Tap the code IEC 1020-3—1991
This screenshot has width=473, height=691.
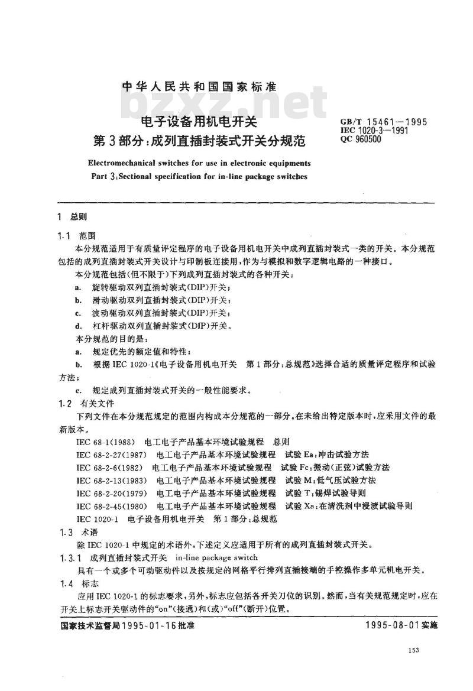(x=375, y=131)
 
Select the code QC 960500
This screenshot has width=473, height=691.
(x=361, y=140)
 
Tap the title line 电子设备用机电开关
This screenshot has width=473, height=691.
(x=199, y=123)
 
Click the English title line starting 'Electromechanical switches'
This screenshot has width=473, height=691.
(x=199, y=163)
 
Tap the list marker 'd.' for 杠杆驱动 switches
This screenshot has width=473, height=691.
(x=78, y=326)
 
